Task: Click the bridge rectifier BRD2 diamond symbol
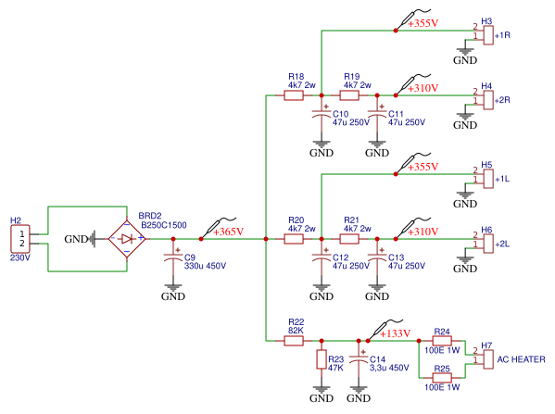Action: (127, 239)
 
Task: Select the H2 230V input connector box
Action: (20, 239)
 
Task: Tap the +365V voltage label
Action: (228, 232)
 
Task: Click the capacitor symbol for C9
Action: (173, 257)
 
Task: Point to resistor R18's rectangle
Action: (294, 95)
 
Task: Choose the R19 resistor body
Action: (349, 95)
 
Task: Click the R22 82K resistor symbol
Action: (294, 341)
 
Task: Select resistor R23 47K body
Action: (322, 359)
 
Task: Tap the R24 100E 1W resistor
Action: (442, 341)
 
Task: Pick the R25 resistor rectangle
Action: (442, 378)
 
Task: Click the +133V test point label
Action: (395, 333)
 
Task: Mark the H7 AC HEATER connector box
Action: (488, 359)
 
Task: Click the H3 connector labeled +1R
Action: (488, 35)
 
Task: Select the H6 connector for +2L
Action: (488, 244)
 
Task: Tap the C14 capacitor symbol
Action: (359, 359)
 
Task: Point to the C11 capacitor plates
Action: (377, 114)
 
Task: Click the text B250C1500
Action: (164, 225)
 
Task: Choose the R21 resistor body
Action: (349, 239)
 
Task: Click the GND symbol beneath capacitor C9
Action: (173, 287)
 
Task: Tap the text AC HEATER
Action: (521, 359)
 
